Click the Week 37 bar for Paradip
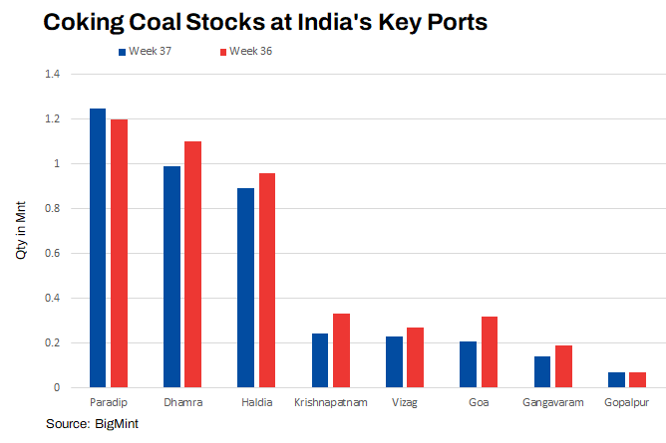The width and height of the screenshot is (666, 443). click(98, 247)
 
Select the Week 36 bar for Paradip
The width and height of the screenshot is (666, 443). click(119, 253)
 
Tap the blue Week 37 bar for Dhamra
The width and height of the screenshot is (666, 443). click(171, 276)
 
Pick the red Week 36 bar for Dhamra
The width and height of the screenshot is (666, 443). click(193, 264)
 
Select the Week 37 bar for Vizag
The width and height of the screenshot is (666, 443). click(394, 361)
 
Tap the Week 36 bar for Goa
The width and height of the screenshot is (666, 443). click(490, 351)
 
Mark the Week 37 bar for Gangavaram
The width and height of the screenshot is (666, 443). click(542, 371)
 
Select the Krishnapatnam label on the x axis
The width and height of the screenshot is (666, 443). click(331, 403)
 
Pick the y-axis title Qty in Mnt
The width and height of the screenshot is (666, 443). click(21, 231)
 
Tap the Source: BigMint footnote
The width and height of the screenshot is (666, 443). click(92, 425)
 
